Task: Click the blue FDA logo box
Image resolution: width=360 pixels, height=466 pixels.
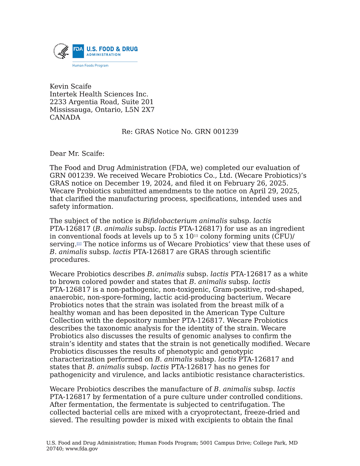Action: click(x=78, y=51)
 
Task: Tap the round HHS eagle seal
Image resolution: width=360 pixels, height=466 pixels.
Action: click(x=61, y=51)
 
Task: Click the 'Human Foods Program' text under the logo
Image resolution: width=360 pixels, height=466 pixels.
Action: click(x=90, y=66)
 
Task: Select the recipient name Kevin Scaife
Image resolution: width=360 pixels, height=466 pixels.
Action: click(x=71, y=87)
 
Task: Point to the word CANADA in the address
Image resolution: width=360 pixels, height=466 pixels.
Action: click(x=65, y=118)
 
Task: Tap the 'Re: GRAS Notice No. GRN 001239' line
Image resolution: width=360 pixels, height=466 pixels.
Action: click(x=180, y=132)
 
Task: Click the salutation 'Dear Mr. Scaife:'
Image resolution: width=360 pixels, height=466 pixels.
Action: click(x=77, y=154)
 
